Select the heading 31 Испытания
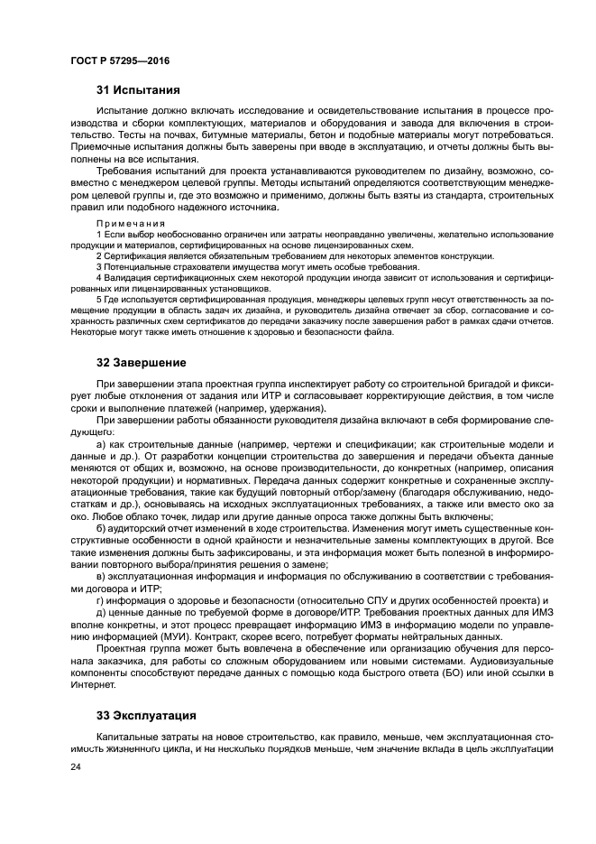[138, 90]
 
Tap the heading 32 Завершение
[142, 363]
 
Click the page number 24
[76, 765]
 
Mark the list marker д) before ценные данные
[102, 612]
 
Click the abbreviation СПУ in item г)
[322, 599]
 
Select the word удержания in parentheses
[293, 408]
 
